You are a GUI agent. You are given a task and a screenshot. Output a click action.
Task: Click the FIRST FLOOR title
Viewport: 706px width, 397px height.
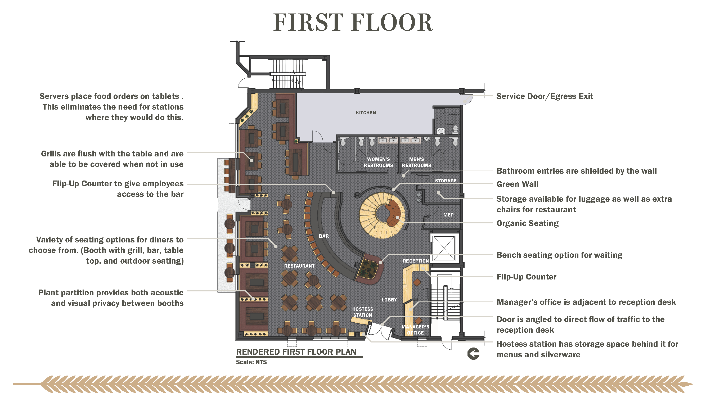[x=353, y=22]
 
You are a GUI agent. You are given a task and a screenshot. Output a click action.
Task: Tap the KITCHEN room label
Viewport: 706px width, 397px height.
[x=366, y=112]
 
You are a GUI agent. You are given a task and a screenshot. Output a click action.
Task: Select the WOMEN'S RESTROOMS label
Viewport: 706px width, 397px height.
[x=378, y=162]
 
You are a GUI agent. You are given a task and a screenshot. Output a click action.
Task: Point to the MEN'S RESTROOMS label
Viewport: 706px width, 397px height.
[x=416, y=162]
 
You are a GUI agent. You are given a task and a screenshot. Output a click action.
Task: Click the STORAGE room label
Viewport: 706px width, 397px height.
[x=446, y=181]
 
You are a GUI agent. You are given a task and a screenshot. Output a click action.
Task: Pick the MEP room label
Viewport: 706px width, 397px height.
[x=448, y=215]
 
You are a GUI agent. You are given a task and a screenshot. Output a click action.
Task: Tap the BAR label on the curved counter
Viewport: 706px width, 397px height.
[x=324, y=236]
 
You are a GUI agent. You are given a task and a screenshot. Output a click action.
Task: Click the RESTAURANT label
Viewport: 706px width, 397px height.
[x=299, y=266]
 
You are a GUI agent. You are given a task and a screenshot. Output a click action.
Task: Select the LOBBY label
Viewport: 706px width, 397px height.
[x=389, y=300]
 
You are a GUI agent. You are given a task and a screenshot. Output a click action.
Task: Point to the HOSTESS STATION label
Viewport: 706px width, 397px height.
[x=362, y=312]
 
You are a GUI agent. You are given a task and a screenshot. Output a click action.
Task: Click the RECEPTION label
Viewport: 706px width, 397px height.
[x=416, y=261]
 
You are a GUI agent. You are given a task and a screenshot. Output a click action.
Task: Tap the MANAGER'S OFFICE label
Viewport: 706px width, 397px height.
[x=415, y=330]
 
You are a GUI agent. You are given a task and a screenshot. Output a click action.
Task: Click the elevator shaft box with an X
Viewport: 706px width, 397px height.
[x=444, y=248]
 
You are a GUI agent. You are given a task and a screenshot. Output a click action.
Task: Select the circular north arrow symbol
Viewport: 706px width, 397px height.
[x=473, y=353]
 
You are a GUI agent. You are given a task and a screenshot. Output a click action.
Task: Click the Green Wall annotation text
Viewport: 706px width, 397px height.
[x=518, y=184]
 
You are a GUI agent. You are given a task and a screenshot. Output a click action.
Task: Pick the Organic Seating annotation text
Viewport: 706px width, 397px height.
[x=528, y=223]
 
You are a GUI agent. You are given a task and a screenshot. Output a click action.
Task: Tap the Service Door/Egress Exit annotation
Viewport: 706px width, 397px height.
[x=545, y=96]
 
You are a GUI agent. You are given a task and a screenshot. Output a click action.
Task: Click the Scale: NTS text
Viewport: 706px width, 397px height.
[x=251, y=362]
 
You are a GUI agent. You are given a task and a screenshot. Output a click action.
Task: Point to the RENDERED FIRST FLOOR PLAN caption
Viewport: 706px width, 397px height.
[x=296, y=352]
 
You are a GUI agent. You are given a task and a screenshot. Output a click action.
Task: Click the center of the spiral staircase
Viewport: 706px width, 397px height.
[x=382, y=213]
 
